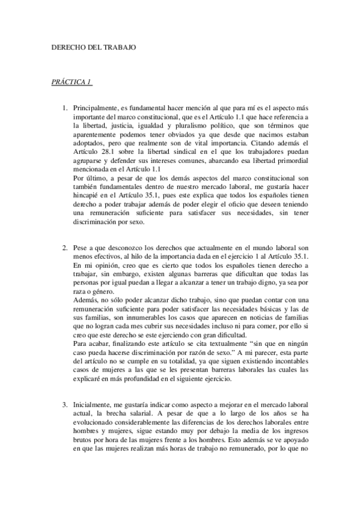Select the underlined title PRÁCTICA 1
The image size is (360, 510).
[x=71, y=81]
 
